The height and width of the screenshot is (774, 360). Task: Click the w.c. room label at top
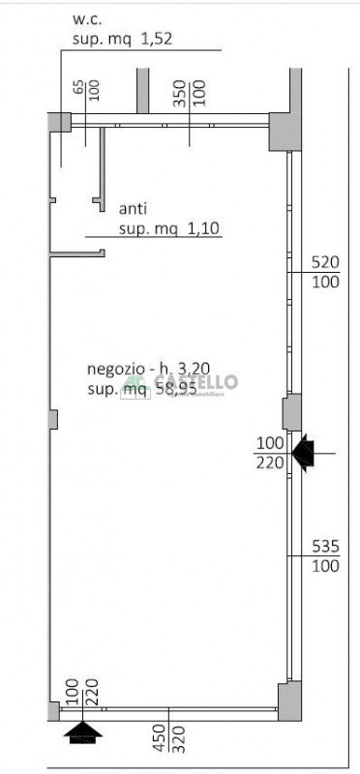(x=88, y=19)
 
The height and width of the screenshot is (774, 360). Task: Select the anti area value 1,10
(x=204, y=228)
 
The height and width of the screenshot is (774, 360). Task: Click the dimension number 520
(x=325, y=262)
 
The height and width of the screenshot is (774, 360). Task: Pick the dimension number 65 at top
(x=77, y=87)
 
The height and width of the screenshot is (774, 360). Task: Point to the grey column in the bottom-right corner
(x=289, y=701)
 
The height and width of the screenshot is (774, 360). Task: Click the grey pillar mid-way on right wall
(x=291, y=413)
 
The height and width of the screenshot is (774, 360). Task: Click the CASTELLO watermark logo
(x=184, y=384)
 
